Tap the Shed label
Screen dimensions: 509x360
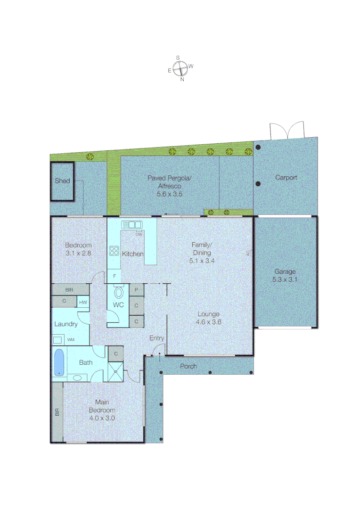pyautogui.click(x=62, y=181)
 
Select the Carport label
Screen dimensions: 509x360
pyautogui.click(x=286, y=178)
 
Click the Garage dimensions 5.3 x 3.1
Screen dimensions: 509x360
pyautogui.click(x=286, y=279)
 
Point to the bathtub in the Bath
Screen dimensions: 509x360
pyautogui.click(x=59, y=362)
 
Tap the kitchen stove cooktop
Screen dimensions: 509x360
pyautogui.click(x=115, y=251)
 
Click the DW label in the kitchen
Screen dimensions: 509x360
pyautogui.click(x=139, y=234)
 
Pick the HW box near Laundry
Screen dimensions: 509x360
pyautogui.click(x=83, y=302)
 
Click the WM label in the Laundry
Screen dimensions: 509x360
pyautogui.click(x=71, y=339)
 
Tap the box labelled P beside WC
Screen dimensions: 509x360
pyautogui.click(x=136, y=290)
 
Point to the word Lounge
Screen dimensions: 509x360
pyautogui.click(x=208, y=314)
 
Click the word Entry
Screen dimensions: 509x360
pyautogui.click(x=156, y=338)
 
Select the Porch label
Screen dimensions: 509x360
pyautogui.click(x=188, y=366)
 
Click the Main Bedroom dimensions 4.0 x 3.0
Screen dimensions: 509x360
pyautogui.click(x=102, y=418)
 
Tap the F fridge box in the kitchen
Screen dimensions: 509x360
pyautogui.click(x=114, y=276)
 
